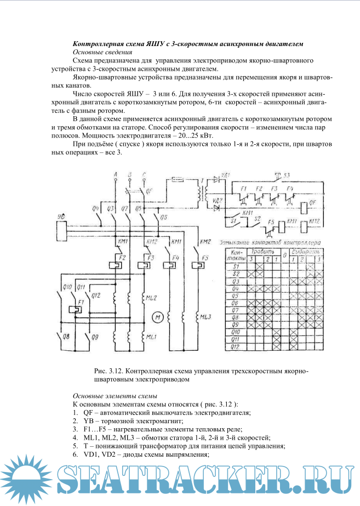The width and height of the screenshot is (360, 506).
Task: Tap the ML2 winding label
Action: coord(151,298)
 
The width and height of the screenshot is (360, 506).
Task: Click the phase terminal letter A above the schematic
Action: coord(116,174)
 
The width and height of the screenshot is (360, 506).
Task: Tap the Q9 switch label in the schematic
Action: coord(95,336)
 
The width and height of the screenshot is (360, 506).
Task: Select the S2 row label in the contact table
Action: coord(236,272)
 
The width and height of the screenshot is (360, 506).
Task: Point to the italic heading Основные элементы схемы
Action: coord(115,396)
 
